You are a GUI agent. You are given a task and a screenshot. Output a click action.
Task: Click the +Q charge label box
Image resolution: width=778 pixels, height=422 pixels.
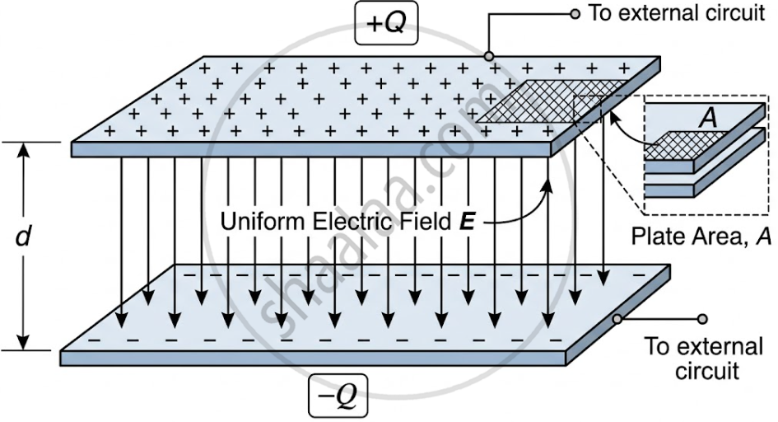click(386, 23)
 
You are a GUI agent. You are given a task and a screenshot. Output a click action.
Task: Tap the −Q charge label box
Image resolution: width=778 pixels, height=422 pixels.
click(338, 395)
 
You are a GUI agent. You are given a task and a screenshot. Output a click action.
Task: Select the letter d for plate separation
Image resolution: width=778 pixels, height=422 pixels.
click(23, 237)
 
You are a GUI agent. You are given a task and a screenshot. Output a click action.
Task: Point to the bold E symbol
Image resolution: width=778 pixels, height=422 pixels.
click(468, 222)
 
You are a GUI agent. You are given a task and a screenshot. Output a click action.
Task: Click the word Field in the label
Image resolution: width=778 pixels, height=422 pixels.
click(428, 222)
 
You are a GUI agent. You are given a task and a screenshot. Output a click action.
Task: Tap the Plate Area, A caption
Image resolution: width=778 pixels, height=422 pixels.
click(701, 236)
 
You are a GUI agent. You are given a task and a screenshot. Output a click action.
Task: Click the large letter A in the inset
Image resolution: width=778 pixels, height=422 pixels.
click(708, 119)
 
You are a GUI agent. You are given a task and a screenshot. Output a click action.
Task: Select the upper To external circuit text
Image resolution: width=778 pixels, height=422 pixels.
click(676, 13)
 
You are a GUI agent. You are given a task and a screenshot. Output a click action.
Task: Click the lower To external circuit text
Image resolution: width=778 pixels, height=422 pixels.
click(704, 358)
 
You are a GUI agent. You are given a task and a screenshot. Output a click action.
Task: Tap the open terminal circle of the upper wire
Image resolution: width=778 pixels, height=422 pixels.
click(575, 14)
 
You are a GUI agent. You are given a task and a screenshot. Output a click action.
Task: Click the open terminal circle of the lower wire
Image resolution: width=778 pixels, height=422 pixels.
click(702, 319)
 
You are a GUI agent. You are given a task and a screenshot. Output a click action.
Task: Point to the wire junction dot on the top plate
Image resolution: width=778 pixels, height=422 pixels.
click(489, 55)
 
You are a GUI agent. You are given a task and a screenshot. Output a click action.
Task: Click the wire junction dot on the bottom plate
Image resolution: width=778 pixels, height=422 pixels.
click(617, 319)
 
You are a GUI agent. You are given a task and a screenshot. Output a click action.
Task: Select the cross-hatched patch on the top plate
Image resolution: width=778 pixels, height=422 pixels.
click(552, 101)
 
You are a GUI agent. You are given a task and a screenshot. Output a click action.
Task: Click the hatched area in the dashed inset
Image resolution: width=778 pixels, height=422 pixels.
click(687, 145)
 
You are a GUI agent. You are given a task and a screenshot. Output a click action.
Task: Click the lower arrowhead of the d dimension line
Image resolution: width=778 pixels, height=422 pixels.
click(23, 341)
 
